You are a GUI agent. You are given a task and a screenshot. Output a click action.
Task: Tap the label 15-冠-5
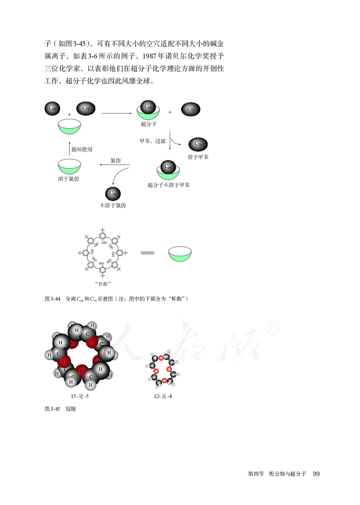coord(82,397)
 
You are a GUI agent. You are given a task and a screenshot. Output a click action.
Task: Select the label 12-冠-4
coord(162,397)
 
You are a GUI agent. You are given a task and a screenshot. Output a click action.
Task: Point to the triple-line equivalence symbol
coord(148,254)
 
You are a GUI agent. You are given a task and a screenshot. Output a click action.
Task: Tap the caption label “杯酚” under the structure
coord(104,284)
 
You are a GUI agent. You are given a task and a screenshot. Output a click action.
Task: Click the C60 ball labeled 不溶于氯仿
coord(112,194)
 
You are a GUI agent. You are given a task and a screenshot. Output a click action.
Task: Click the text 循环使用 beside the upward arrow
coord(82,149)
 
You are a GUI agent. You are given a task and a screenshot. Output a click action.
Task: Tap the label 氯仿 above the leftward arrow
coord(116,160)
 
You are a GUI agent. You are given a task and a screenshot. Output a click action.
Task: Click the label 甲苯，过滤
coord(153,141)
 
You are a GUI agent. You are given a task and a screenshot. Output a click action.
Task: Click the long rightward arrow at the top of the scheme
coord(118,113)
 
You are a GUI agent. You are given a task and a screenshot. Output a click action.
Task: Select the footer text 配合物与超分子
coord(288,474)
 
